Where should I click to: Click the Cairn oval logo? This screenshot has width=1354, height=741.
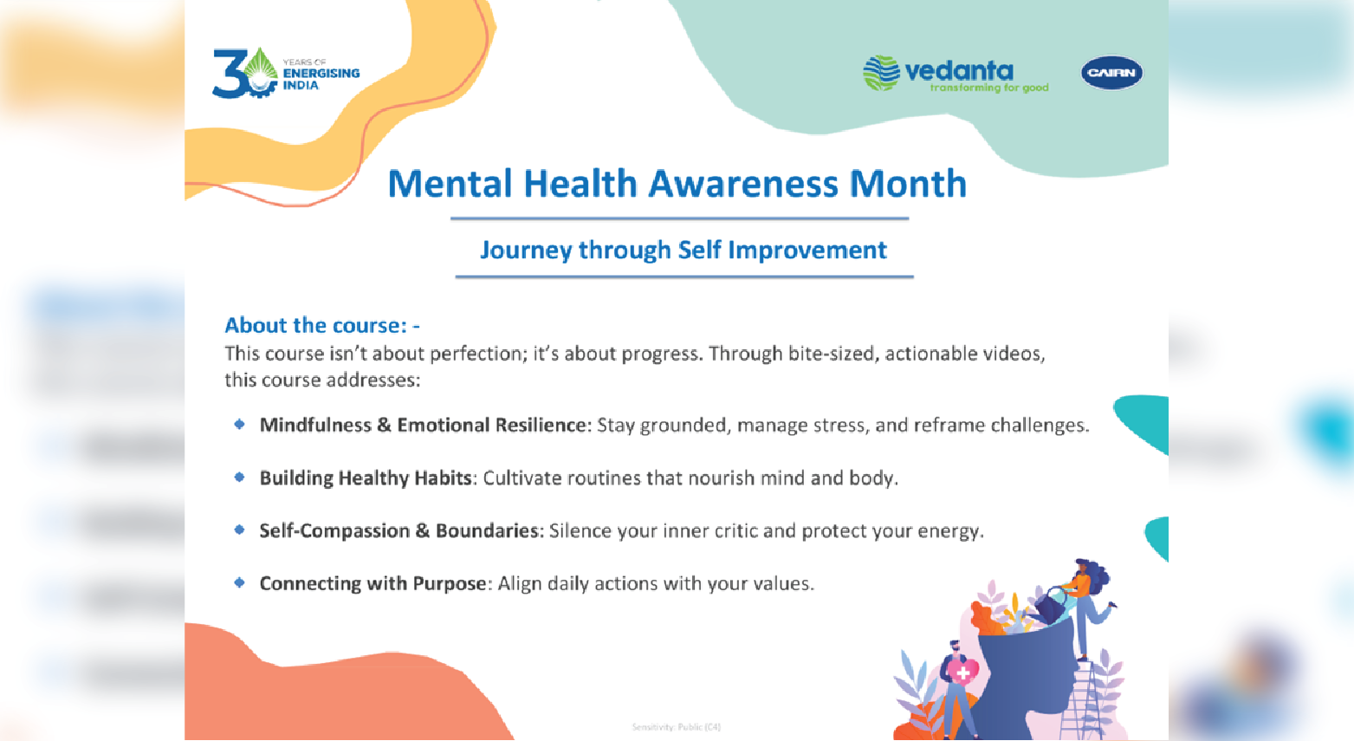(1111, 73)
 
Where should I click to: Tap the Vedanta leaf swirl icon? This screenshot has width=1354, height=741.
(881, 73)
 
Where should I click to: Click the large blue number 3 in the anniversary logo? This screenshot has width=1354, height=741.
(229, 73)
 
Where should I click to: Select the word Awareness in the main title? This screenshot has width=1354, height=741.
(743, 183)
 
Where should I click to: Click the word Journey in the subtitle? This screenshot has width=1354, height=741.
(526, 250)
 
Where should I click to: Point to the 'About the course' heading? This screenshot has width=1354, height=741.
(322, 326)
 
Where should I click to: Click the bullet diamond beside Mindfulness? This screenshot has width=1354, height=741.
(239, 424)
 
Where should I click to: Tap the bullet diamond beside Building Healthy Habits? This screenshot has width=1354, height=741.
(239, 477)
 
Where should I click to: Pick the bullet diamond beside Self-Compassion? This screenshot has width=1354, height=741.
(239, 530)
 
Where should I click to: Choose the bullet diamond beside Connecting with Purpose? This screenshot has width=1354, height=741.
(239, 582)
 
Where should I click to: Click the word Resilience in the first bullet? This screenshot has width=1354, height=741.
(541, 425)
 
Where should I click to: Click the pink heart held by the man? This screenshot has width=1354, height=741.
(962, 672)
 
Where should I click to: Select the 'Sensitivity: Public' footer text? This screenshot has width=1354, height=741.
(676, 726)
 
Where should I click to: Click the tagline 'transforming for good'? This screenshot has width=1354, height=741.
(989, 88)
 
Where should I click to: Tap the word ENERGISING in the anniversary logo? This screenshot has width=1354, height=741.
(321, 73)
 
